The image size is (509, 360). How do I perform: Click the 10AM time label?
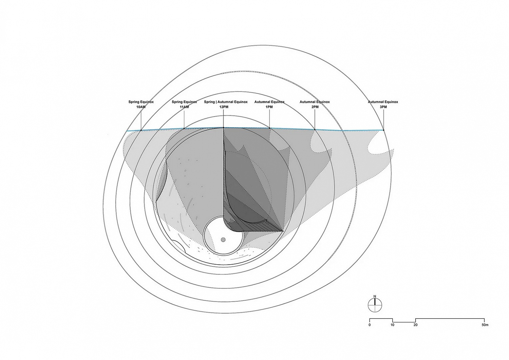(x=141, y=107)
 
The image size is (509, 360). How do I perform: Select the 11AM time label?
(x=184, y=107)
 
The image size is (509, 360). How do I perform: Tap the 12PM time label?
(x=224, y=107)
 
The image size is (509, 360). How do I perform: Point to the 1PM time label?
(x=269, y=107)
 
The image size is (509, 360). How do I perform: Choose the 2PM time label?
(x=315, y=107)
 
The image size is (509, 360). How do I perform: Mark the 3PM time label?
(x=383, y=107)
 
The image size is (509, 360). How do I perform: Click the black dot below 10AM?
(x=141, y=130)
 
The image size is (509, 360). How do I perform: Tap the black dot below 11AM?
(x=184, y=129)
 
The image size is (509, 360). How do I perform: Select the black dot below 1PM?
(x=269, y=128)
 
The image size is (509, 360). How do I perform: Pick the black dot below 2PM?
(x=315, y=130)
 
